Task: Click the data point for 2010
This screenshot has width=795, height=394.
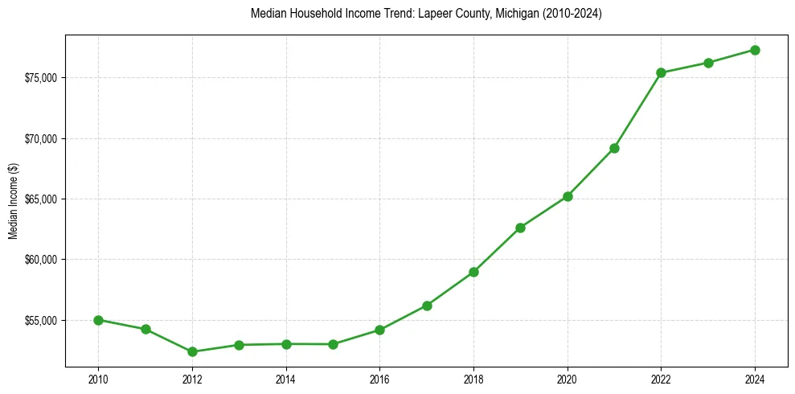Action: [98, 320]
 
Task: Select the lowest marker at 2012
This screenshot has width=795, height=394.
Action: [192, 351]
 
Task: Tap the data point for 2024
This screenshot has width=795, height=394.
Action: [755, 50]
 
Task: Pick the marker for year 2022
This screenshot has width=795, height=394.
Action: [661, 73]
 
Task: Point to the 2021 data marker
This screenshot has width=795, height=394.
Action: [614, 148]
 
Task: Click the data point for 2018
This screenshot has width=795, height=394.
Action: [473, 272]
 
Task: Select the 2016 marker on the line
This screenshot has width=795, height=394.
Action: [379, 330]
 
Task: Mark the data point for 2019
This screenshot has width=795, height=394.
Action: [520, 228]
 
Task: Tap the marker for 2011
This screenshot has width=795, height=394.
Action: [145, 329]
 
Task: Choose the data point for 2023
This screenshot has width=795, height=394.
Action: [708, 63]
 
